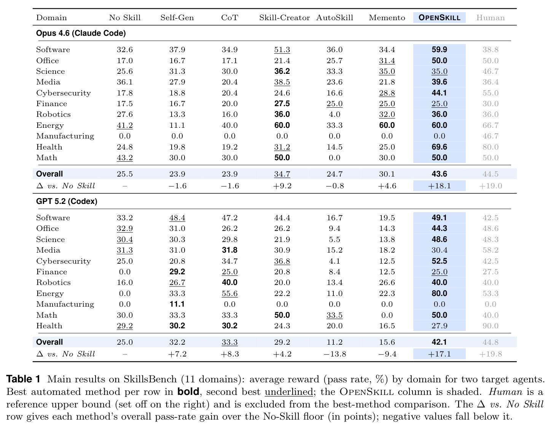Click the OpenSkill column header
(439, 18)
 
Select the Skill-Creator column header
(284, 18)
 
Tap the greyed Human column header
(490, 18)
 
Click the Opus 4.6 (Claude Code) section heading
(81, 33)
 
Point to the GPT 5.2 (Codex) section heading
(67, 201)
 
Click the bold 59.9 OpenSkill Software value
(439, 49)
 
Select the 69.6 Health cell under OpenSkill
(439, 147)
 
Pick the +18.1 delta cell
(439, 186)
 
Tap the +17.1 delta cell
(439, 354)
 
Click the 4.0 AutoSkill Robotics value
(334, 114)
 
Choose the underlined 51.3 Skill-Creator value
(282, 49)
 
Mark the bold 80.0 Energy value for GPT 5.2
(439, 293)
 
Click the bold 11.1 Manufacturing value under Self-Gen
(177, 304)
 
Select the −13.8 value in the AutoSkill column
(335, 354)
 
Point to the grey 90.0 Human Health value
(490, 326)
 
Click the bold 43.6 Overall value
(439, 174)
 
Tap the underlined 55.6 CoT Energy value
(229, 293)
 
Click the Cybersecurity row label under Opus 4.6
(64, 93)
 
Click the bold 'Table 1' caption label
(23, 379)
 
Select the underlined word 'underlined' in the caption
(289, 391)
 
